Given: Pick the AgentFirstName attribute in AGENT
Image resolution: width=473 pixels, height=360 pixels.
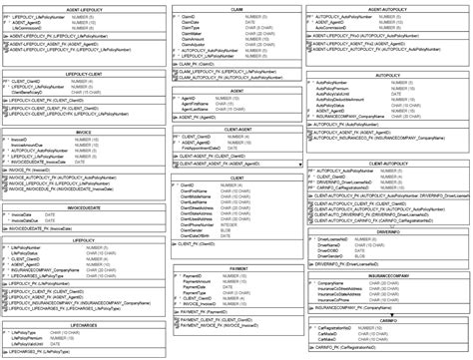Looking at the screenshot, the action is [x=199, y=104].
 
